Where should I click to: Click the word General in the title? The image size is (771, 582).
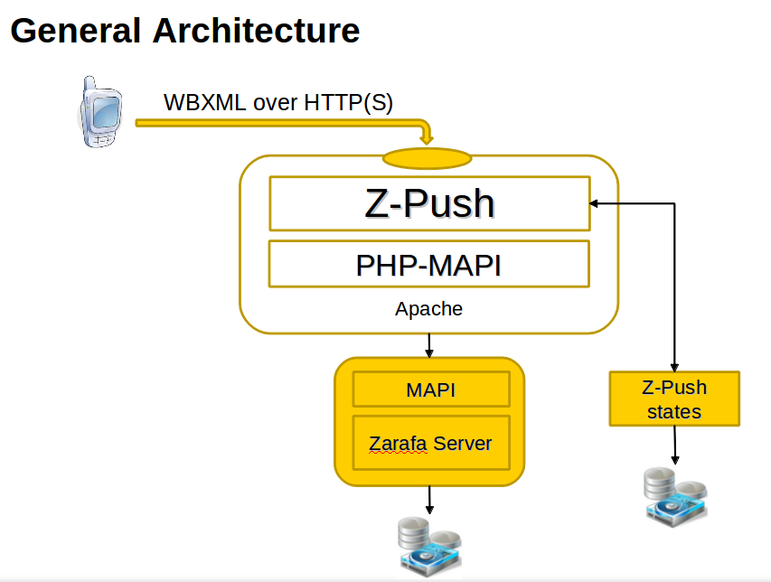(76, 32)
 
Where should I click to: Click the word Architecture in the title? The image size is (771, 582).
(256, 32)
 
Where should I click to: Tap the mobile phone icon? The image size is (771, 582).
(98, 112)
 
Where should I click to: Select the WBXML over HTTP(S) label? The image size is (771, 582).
(278, 102)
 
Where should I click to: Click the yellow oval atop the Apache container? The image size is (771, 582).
(428, 159)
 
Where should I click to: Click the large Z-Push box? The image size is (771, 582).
(429, 203)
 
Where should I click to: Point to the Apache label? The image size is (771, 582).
(428, 309)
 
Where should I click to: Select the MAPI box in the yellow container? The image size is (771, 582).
(430, 390)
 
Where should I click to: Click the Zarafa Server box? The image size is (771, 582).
(430, 443)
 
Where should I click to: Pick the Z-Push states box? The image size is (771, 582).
(674, 399)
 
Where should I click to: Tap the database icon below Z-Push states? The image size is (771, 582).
(674, 495)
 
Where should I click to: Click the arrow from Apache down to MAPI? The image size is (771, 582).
(429, 344)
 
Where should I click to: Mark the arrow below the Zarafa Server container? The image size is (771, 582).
(429, 498)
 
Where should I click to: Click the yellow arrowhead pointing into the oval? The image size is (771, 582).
(427, 137)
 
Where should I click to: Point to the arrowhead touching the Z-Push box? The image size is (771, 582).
(596, 203)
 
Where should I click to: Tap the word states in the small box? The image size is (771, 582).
(674, 411)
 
